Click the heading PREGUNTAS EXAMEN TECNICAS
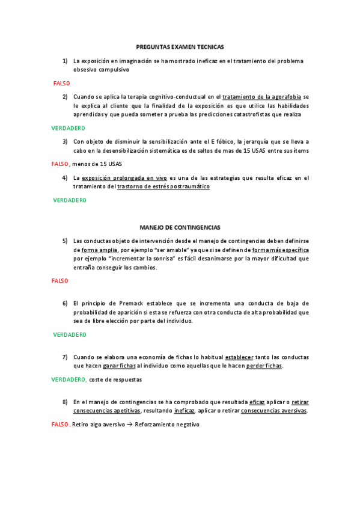180,46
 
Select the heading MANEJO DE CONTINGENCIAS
180,227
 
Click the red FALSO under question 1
61,83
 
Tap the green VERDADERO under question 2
68,128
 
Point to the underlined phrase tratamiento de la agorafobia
261,96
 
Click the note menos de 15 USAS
98,164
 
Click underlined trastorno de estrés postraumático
163,186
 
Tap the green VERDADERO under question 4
70,200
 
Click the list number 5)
65,241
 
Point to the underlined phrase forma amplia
99,250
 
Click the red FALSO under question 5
59,280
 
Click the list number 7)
65,357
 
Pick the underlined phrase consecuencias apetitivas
107,411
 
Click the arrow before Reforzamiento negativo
130,425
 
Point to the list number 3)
65,141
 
